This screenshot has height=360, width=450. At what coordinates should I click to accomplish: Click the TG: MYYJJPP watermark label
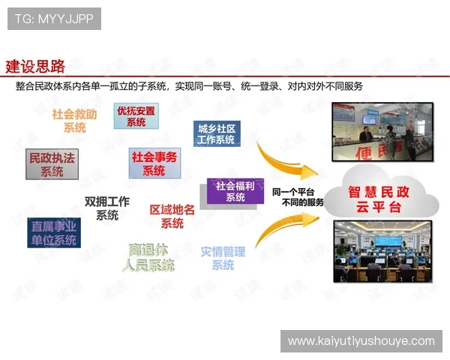[54, 19]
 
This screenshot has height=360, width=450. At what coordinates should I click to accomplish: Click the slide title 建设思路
[35, 66]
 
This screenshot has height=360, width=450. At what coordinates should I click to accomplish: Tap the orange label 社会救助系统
[74, 121]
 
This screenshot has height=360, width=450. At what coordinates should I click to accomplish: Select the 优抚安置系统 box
[136, 116]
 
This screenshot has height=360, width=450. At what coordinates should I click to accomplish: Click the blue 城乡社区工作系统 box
[217, 134]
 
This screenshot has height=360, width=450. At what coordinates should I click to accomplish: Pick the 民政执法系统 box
[52, 165]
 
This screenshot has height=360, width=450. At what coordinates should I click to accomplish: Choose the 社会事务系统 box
[154, 163]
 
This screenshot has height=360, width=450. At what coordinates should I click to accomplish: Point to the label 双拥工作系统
[107, 208]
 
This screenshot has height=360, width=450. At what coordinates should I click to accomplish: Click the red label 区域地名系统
[172, 216]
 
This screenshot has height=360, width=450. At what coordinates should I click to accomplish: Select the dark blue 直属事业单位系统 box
[54, 232]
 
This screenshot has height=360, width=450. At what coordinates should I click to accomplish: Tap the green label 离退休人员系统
[149, 256]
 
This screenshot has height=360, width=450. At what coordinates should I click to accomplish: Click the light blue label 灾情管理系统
[223, 257]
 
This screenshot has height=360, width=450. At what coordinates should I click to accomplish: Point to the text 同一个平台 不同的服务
[298, 196]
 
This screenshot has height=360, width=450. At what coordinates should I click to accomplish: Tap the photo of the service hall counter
[384, 133]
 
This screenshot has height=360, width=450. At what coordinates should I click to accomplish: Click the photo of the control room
[384, 253]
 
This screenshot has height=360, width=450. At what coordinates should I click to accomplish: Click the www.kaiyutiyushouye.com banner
[361, 341]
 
